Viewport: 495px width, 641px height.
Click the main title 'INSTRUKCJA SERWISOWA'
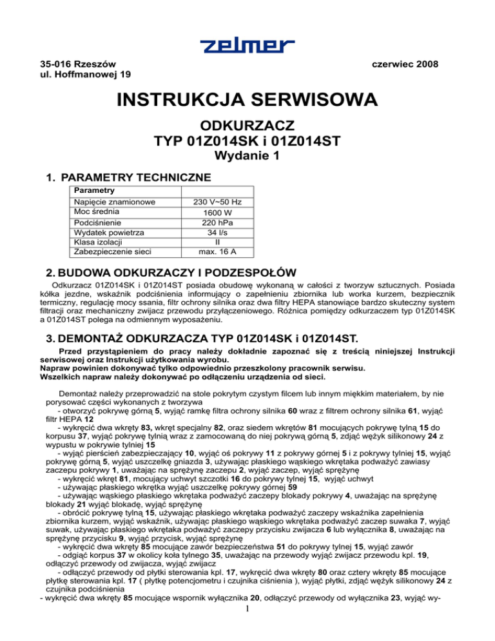[x=247, y=101]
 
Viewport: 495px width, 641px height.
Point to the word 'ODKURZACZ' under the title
[x=247, y=125]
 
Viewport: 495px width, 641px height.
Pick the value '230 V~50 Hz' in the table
[x=218, y=202]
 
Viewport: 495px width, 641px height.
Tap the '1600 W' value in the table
[x=218, y=213]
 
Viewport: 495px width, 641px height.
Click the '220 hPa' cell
[x=218, y=222]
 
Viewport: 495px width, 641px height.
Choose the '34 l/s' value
[x=218, y=233]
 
